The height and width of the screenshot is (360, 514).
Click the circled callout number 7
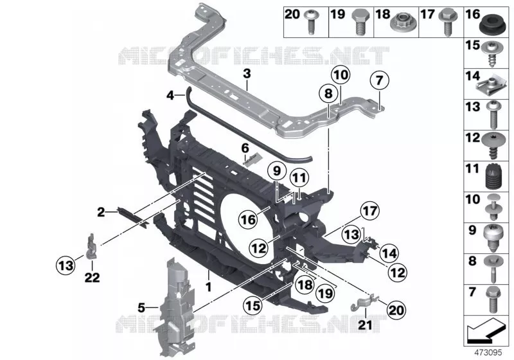tap(379, 80)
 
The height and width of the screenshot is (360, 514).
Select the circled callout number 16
tap(248, 219)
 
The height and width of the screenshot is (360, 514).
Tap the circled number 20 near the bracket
tap(396, 309)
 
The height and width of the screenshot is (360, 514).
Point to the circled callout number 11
tap(299, 177)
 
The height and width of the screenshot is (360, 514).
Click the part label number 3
tap(247, 73)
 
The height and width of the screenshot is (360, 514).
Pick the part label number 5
tap(141, 308)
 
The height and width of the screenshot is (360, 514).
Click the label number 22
tap(92, 278)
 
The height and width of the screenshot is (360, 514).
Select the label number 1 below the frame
tap(208, 287)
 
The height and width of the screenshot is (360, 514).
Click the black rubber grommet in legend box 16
tap(490, 24)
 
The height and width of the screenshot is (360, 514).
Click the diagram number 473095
tap(488, 353)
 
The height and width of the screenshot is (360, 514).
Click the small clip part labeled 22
tap(91, 246)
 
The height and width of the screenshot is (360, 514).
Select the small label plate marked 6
tap(253, 159)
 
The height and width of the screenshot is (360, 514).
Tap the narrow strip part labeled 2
tap(132, 217)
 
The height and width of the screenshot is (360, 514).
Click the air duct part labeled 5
tap(173, 308)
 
